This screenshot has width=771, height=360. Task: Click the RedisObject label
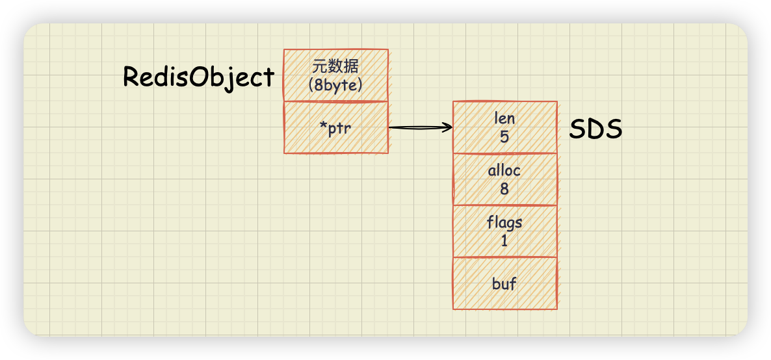point(198,78)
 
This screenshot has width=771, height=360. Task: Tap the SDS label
point(595,129)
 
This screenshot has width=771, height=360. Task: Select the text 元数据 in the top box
point(336,68)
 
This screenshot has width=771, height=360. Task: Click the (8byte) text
point(336,85)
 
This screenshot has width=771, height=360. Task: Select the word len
point(504,118)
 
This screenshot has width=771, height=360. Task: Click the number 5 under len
point(504,136)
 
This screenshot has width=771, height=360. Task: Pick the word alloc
point(504,171)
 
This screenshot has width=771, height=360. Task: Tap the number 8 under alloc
point(504,189)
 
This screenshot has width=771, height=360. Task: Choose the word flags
point(504,224)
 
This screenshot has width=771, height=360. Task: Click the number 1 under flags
point(504,241)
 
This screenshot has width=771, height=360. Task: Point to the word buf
point(504,284)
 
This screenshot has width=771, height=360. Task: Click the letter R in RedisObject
point(130,77)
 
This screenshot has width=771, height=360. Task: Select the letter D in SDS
point(595,129)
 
